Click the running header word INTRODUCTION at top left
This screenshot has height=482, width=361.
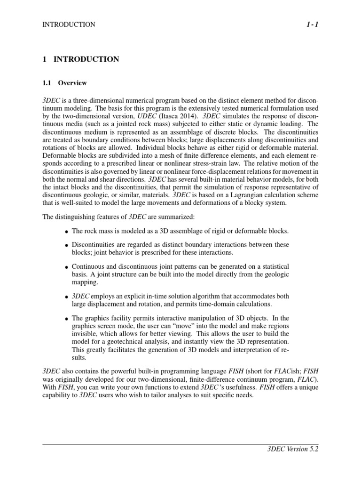click(x=69, y=24)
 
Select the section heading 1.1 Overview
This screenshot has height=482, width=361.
click(x=65, y=83)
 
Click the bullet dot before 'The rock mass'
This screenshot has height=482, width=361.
click(x=67, y=232)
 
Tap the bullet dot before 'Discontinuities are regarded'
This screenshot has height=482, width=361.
click(x=67, y=246)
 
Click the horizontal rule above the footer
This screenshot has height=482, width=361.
click(x=180, y=443)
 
